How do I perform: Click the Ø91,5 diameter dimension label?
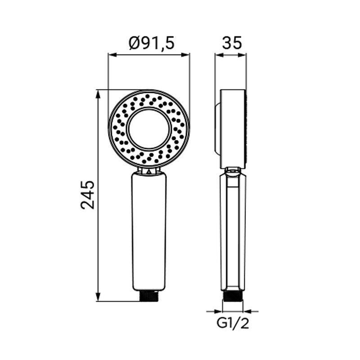(152, 43)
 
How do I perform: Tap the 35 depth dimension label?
(232, 43)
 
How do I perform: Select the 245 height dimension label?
(87, 195)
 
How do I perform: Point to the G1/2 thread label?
(233, 324)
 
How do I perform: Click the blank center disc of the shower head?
(149, 129)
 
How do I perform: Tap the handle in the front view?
(149, 231)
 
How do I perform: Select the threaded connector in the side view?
(233, 296)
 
